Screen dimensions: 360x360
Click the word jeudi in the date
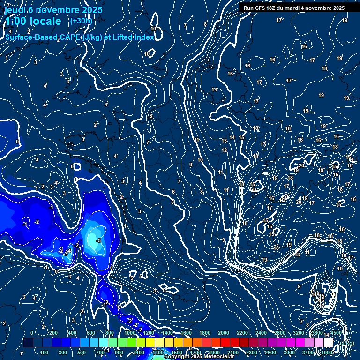pyautogui.click(x=14, y=10)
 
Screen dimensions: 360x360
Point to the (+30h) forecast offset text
pyautogui.click(x=81, y=21)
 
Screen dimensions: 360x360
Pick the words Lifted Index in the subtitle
pyautogui.click(x=133, y=37)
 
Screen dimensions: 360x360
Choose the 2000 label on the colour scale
pyautogui.click(x=224, y=333)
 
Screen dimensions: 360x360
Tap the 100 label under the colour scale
pyautogui.click(x=45, y=352)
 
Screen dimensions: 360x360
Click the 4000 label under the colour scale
pyautogui.click(x=327, y=352)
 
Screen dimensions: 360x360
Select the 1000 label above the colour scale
pyautogui.click(x=130, y=333)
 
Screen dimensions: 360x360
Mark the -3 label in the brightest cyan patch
pyautogui.click(x=98, y=240)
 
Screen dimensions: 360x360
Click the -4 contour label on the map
pyautogui.click(x=69, y=251)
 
